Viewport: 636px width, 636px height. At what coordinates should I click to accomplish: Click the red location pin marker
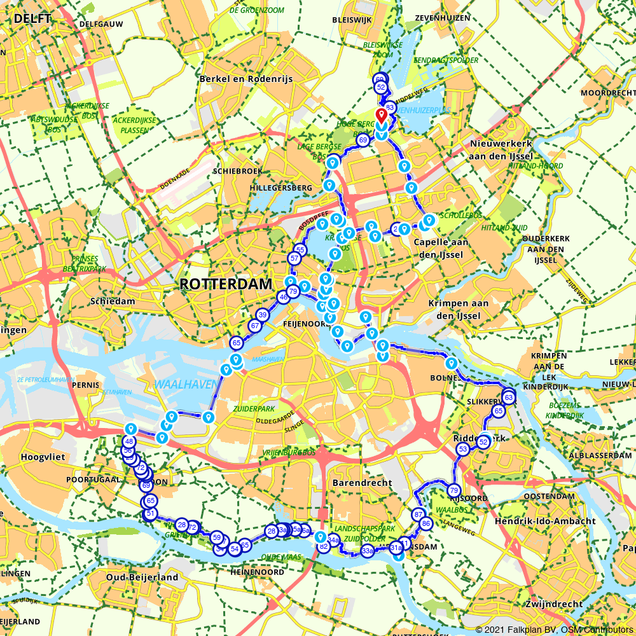pyautogui.click(x=381, y=116)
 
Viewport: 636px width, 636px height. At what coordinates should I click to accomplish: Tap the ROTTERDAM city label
pyautogui.click(x=225, y=284)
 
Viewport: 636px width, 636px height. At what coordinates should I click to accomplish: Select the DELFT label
pyautogui.click(x=32, y=18)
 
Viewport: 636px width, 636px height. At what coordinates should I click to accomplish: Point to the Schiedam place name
pyautogui.click(x=113, y=301)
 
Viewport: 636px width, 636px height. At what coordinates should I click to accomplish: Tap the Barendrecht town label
pyautogui.click(x=362, y=483)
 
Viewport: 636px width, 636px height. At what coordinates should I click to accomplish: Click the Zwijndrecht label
pyautogui.click(x=555, y=604)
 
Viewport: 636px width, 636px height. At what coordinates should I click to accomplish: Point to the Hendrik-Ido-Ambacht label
pyautogui.click(x=545, y=521)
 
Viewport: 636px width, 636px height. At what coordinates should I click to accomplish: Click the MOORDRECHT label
pyautogui.click(x=604, y=93)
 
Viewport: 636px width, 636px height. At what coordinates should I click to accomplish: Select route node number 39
pyautogui.click(x=262, y=315)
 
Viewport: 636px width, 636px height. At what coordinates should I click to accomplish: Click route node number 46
pyautogui.click(x=283, y=297)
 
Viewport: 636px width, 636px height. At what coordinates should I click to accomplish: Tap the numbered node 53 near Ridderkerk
pyautogui.click(x=462, y=450)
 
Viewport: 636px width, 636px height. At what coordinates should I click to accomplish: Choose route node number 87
pyautogui.click(x=418, y=515)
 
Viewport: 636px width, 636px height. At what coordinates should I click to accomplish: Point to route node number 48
pyautogui.click(x=129, y=441)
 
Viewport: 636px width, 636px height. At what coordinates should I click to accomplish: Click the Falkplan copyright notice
pyautogui.click(x=553, y=629)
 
